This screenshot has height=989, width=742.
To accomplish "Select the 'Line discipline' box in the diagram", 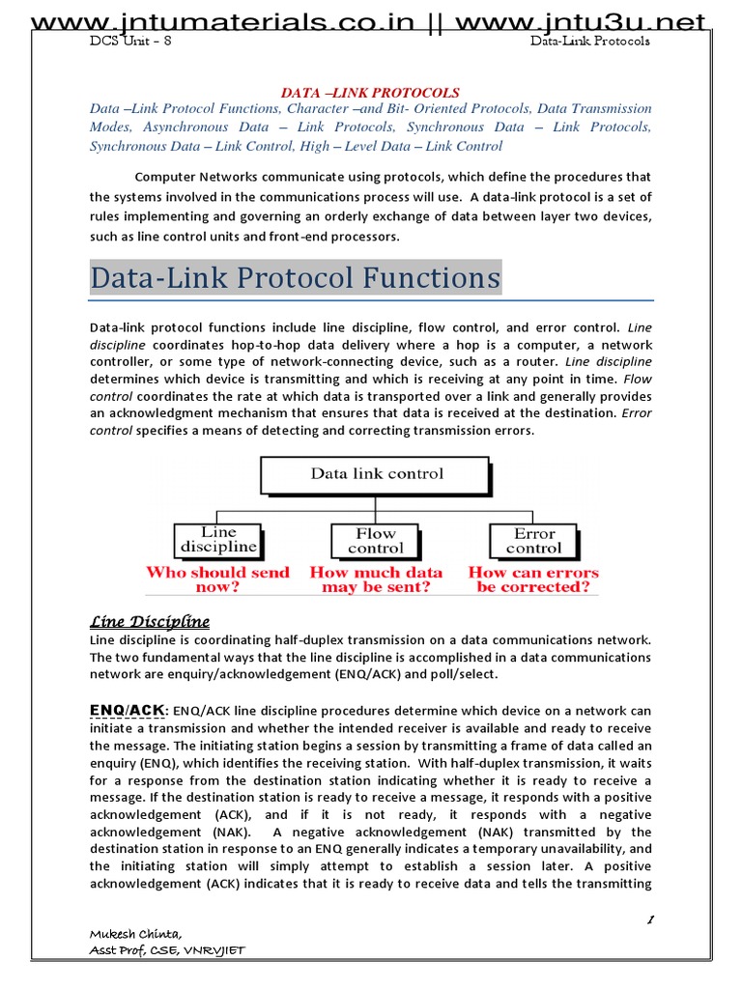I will (218, 539).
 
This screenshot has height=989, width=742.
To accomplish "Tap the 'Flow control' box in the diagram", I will (376, 540).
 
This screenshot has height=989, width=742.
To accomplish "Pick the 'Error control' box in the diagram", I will (533, 540).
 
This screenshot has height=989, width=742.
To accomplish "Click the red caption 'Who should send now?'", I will (217, 579).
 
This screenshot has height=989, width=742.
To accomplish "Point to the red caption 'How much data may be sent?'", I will (376, 579).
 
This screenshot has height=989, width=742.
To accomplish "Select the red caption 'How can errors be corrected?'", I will (533, 579).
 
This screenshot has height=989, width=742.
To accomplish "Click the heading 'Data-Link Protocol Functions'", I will (296, 278).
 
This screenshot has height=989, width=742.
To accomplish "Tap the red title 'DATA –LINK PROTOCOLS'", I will (370, 93).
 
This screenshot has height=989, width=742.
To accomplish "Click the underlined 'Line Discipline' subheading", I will (150, 621).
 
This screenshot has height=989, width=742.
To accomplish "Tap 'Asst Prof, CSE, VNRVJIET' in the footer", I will (166, 950).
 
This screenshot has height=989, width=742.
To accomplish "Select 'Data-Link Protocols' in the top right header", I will (590, 41).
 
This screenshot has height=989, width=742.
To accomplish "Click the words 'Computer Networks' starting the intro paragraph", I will (194, 177).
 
